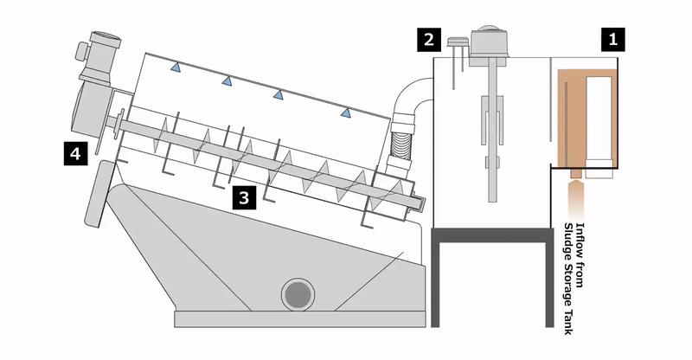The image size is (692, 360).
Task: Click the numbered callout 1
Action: point(612,40)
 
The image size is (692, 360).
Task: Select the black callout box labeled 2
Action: point(429,40)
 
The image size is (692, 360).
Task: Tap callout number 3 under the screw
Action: point(244,197)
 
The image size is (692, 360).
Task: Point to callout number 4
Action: point(76,153)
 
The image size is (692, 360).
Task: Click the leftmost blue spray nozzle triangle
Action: point(176,67)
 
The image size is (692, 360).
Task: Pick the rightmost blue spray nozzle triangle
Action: point(345,113)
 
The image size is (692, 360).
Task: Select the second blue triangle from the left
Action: point(227,80)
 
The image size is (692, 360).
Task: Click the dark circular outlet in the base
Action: point(298,294)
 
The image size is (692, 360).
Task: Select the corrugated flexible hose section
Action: point(400,144)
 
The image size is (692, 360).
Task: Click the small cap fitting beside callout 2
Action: point(457,42)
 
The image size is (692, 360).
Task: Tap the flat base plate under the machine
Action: point(300,319)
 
